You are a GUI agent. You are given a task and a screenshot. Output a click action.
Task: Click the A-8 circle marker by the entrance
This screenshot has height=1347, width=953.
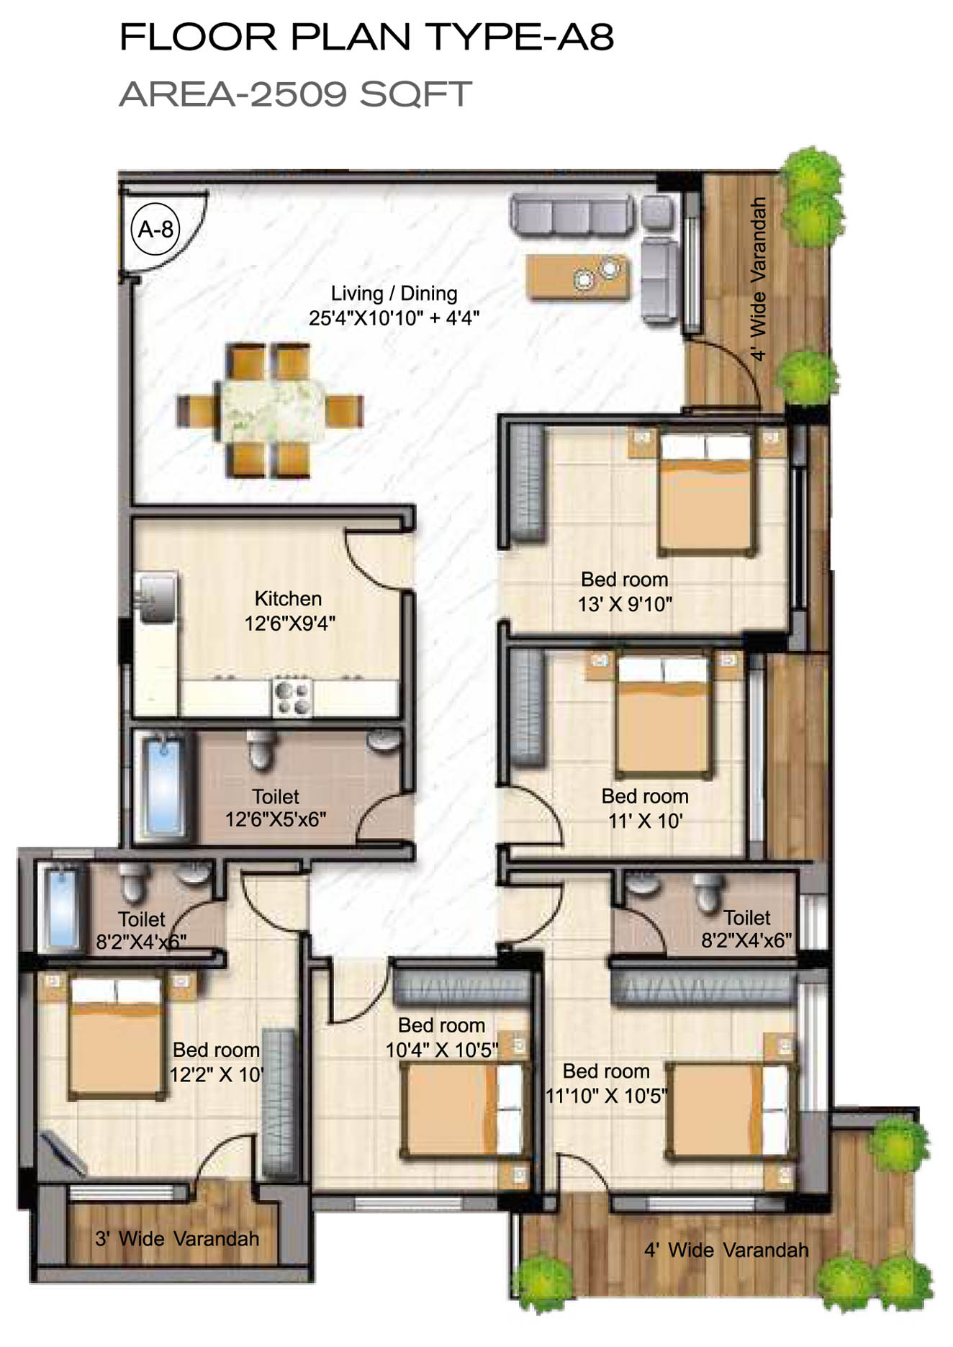pos(155,230)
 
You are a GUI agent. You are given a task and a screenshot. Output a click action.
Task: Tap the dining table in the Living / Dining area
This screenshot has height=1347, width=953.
pos(270,411)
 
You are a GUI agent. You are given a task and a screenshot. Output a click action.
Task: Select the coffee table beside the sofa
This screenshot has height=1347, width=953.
pos(578,276)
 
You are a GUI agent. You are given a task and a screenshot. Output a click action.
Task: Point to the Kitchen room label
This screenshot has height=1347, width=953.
pos(288,599)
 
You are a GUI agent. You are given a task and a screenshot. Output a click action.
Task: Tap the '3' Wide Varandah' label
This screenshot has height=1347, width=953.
pos(177,1239)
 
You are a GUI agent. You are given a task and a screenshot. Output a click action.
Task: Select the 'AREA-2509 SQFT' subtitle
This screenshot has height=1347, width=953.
pos(295,94)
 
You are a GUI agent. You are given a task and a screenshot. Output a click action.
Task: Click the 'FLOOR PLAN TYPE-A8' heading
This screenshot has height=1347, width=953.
pos(366,37)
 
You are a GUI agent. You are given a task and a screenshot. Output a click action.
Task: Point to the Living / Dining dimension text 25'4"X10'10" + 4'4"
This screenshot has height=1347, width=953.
pos(394,317)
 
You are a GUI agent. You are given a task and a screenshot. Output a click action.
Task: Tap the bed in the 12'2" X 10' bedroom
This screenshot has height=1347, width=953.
pos(114,1037)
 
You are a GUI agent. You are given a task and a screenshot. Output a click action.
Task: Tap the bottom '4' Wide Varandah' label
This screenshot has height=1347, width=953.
pos(726,1251)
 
